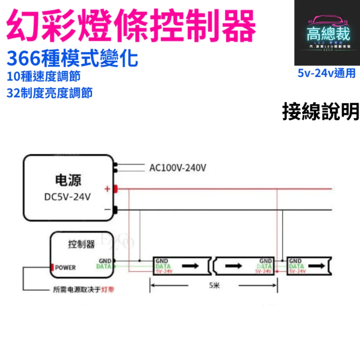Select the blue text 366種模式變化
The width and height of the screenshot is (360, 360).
coord(72,58)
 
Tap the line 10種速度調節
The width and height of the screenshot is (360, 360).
coord(43,76)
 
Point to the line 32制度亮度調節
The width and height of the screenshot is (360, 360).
coord(49,93)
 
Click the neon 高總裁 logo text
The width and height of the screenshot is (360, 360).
coord(328,35)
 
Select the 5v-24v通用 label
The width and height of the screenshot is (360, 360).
coord(327,73)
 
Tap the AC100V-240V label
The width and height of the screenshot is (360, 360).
coord(178,168)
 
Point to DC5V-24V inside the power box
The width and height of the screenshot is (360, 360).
coord(68,197)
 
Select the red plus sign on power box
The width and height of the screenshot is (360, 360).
coord(107,189)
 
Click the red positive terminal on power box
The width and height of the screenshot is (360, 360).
coord(116,189)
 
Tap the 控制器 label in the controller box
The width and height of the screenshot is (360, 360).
coord(81,244)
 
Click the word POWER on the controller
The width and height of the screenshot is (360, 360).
coord(65,267)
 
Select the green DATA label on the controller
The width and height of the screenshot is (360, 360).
coord(104,267)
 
